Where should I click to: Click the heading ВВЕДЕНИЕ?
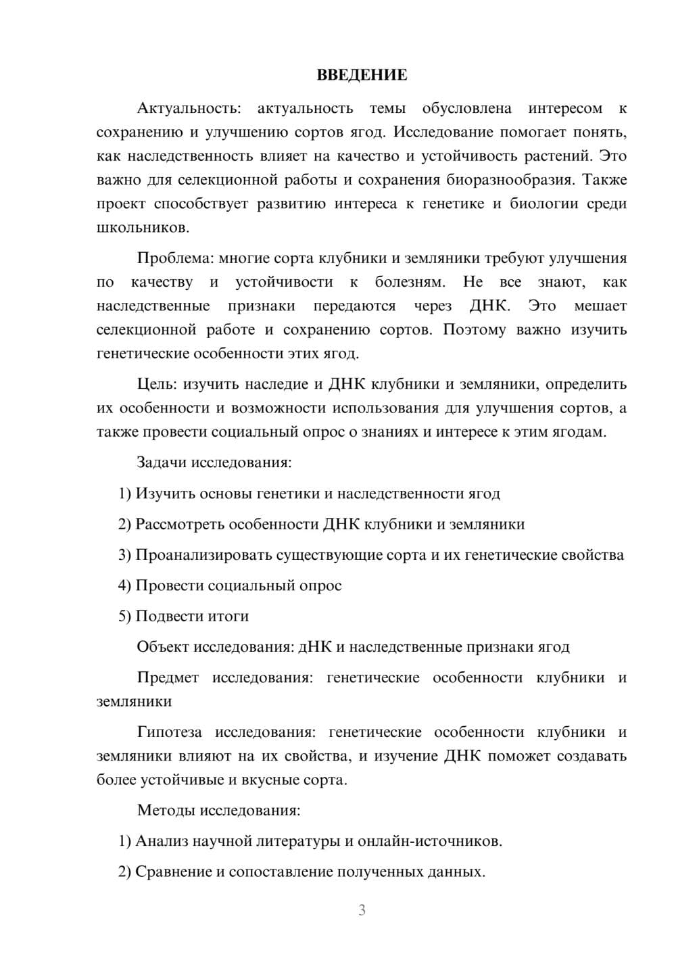362,75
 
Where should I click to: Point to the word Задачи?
162,462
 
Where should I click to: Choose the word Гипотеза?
169,732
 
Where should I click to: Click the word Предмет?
168,677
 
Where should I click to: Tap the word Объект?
163,647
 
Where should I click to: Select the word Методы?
164,810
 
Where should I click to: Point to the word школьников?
143,228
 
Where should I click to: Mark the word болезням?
410,282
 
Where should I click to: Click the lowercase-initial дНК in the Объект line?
315,647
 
